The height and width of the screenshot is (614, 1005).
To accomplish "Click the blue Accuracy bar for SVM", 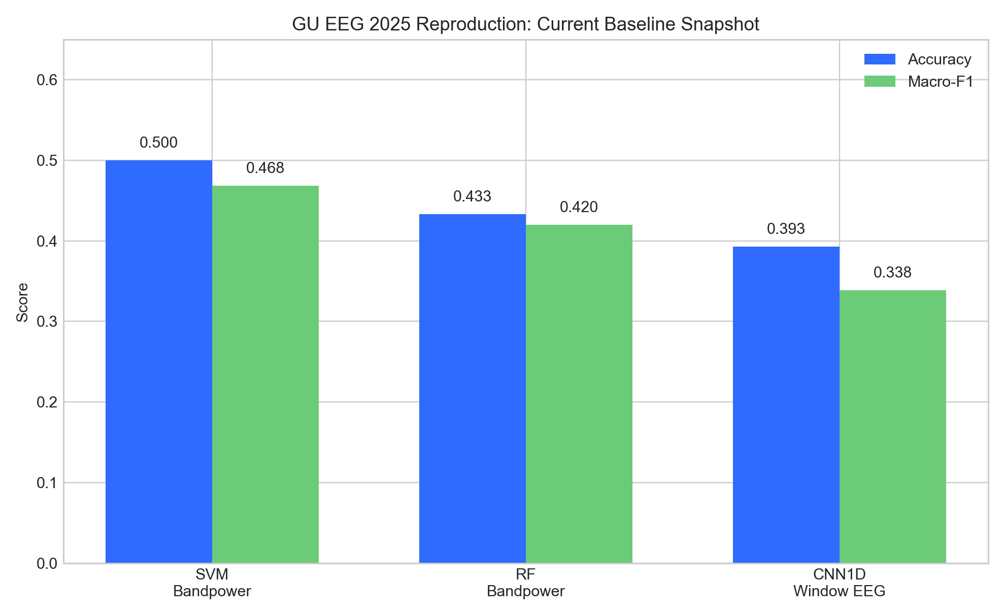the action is coord(159,362).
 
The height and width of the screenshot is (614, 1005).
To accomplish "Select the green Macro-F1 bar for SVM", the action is coord(265,374).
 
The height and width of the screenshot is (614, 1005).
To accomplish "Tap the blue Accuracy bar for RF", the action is coord(473,389).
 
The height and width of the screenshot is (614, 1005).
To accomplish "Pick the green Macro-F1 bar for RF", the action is coord(579,394).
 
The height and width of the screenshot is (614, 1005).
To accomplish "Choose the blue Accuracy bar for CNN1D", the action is coord(786,405).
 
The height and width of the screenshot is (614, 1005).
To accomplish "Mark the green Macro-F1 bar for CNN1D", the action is coord(893,427).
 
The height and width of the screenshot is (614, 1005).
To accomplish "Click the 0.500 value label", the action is coord(159,143).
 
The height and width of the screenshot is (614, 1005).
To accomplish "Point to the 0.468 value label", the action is coord(265,168).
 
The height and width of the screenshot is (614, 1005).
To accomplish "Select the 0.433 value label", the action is coord(473,196).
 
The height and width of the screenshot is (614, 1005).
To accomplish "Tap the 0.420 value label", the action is coord(579,207).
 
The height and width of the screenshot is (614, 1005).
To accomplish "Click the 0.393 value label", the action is coord(786,229).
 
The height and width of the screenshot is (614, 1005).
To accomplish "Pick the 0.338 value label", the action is coord(893,272).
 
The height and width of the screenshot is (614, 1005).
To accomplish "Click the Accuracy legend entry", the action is coord(918,59).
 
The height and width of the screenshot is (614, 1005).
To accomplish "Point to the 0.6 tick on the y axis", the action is coord(46,80).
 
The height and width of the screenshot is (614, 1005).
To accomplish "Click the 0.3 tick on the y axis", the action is coord(46,322).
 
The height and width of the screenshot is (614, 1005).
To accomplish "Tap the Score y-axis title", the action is coord(22,302).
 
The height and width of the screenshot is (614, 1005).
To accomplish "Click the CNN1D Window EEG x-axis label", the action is coord(840,583).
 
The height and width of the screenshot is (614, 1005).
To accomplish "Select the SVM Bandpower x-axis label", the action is coord(212,583).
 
